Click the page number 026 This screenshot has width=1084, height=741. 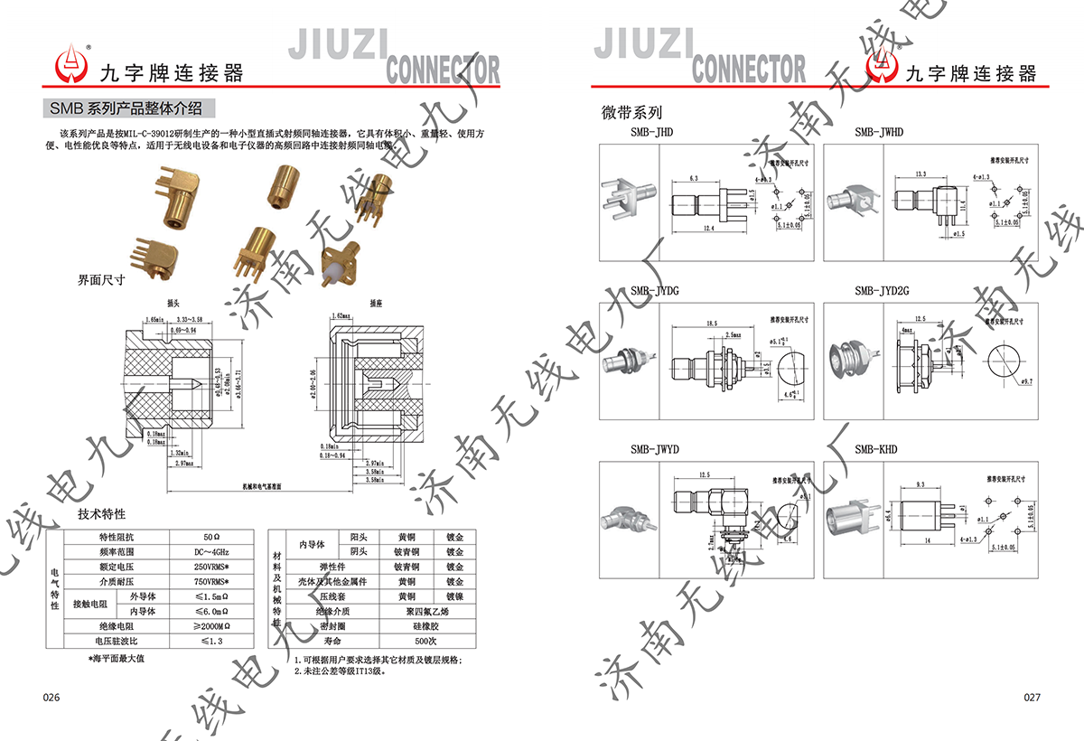pyautogui.click(x=51, y=698)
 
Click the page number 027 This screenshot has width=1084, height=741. pyautogui.click(x=1033, y=698)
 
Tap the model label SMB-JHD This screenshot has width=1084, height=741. pyautogui.click(x=651, y=133)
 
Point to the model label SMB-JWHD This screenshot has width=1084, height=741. pyautogui.click(x=879, y=133)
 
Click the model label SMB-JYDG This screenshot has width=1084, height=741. pyautogui.click(x=655, y=291)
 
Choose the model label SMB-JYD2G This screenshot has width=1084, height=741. pyautogui.click(x=882, y=291)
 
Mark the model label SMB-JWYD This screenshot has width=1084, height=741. pyautogui.click(x=655, y=449)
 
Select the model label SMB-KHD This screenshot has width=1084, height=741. pyautogui.click(x=876, y=449)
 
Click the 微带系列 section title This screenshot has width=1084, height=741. pyautogui.click(x=631, y=113)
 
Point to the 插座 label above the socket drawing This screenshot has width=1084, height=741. pyautogui.click(x=376, y=304)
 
